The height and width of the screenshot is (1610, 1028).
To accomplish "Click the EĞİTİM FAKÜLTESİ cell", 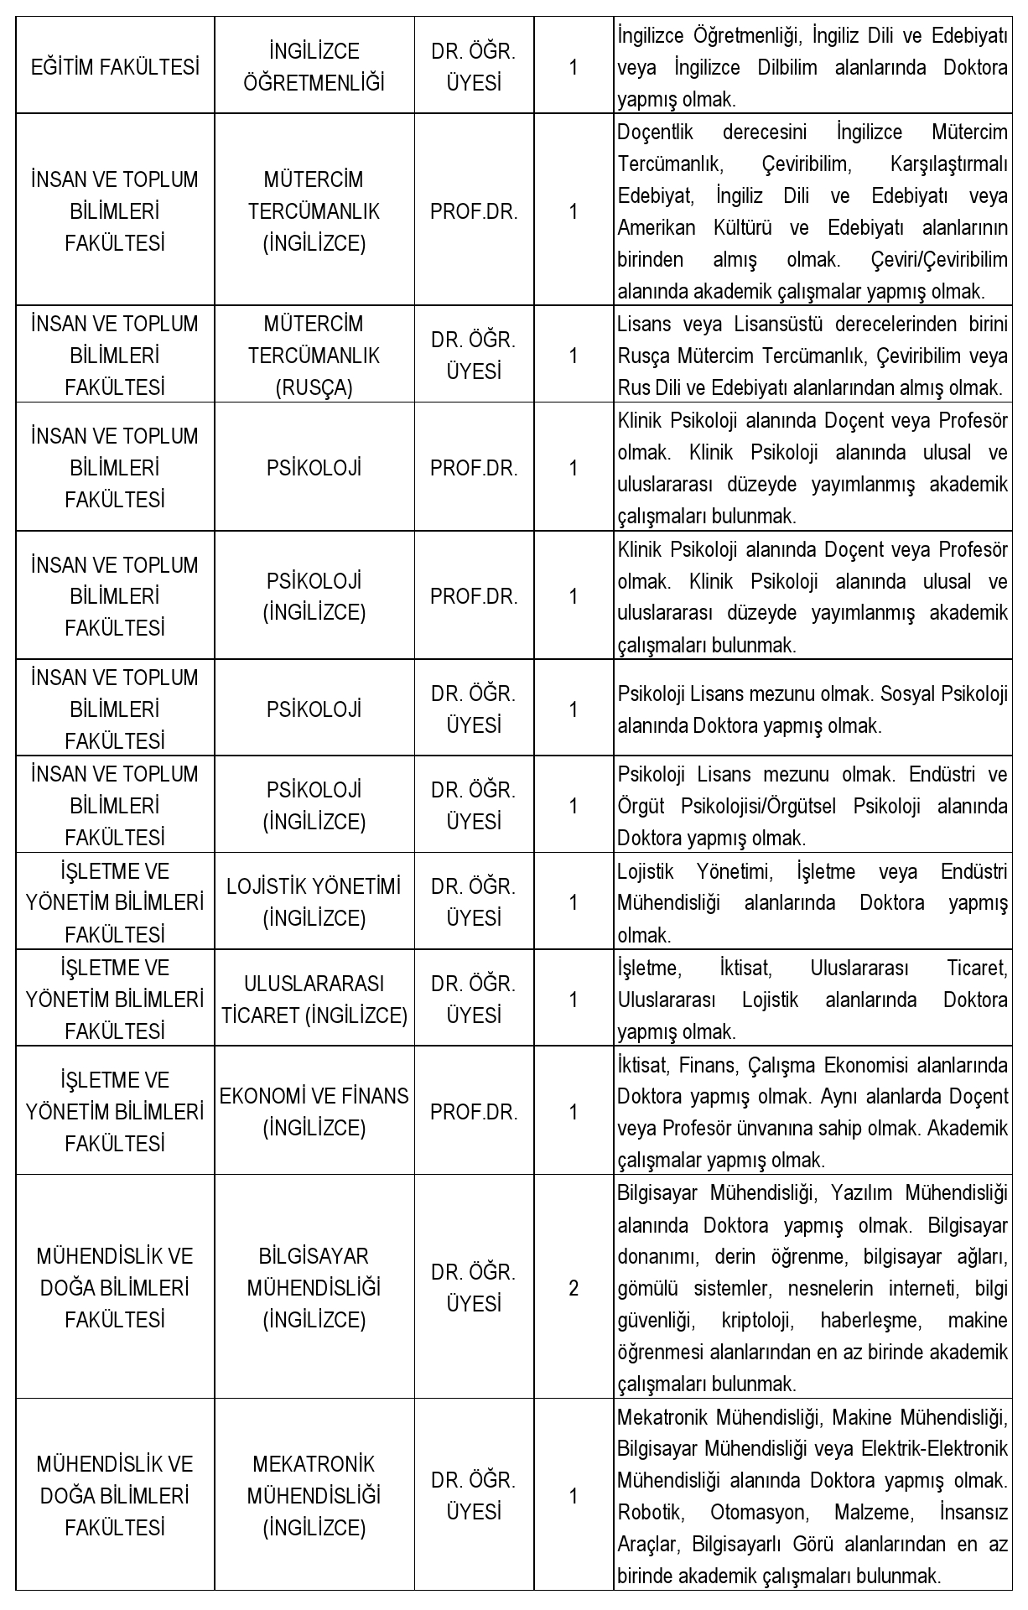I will click(x=115, y=67).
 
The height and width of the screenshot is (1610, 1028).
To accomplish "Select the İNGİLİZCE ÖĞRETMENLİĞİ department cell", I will click(x=314, y=67).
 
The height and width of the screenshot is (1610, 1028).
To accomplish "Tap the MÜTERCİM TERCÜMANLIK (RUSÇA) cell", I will click(x=314, y=356).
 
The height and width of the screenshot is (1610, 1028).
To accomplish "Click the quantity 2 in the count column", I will click(x=574, y=1288).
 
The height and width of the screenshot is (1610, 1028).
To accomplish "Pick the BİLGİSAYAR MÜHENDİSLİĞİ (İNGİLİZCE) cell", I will click(x=314, y=1288).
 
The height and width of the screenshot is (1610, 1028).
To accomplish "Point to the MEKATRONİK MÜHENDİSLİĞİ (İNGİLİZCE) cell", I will click(x=314, y=1496).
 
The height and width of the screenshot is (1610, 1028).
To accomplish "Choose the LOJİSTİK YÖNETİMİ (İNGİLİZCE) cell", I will click(x=314, y=902).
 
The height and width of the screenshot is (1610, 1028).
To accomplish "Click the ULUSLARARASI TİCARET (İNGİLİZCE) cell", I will click(x=314, y=999).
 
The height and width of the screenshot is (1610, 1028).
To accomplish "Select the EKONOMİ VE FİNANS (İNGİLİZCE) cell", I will click(x=314, y=1112).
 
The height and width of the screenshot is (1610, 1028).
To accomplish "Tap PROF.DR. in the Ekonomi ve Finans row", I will click(x=474, y=1112).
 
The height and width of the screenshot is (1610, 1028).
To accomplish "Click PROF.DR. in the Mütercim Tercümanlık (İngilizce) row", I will click(x=474, y=211).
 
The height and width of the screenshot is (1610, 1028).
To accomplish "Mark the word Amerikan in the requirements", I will click(x=653, y=228).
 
